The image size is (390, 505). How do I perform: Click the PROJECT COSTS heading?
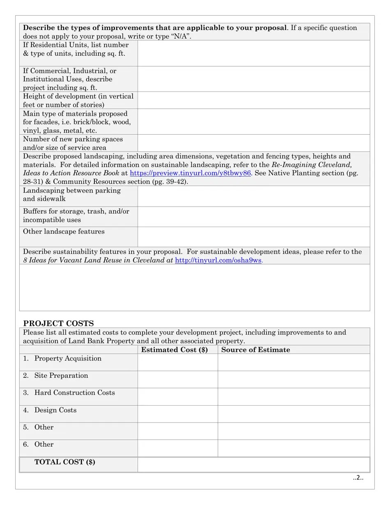[58, 323]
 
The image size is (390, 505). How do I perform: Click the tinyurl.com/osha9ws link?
[218, 260]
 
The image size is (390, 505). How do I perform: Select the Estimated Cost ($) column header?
[174, 350]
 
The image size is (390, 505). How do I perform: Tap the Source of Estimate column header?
[255, 350]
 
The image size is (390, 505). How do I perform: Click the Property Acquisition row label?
[68, 358]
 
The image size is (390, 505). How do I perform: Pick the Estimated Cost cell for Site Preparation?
[177, 379]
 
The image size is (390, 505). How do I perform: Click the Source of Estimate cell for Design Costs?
[294, 414]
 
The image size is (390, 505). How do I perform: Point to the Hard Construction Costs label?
[74, 393]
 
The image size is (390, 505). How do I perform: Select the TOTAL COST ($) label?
[65, 462]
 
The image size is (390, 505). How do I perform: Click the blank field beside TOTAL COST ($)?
[253, 465]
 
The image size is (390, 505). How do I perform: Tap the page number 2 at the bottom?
[358, 477]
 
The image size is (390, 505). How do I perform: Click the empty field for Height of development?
[253, 100]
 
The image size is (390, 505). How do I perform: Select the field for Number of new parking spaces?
[253, 143]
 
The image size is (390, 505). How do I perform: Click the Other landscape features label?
[64, 232]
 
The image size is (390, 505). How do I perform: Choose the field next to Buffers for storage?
[253, 217]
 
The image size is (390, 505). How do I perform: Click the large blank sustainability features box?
[195, 287]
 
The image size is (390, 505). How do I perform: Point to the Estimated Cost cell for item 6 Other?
[177, 448]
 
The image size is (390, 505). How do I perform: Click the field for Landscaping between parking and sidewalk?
[253, 196]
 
